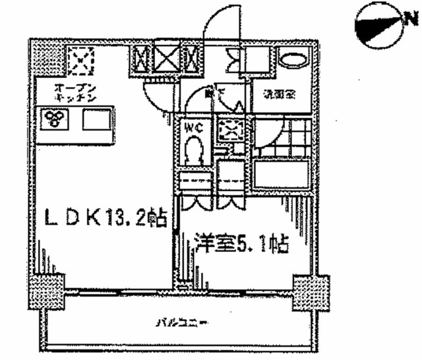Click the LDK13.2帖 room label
104,217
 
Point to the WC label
193,125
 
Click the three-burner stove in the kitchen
53,119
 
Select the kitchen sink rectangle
96,120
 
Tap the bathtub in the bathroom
281,173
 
